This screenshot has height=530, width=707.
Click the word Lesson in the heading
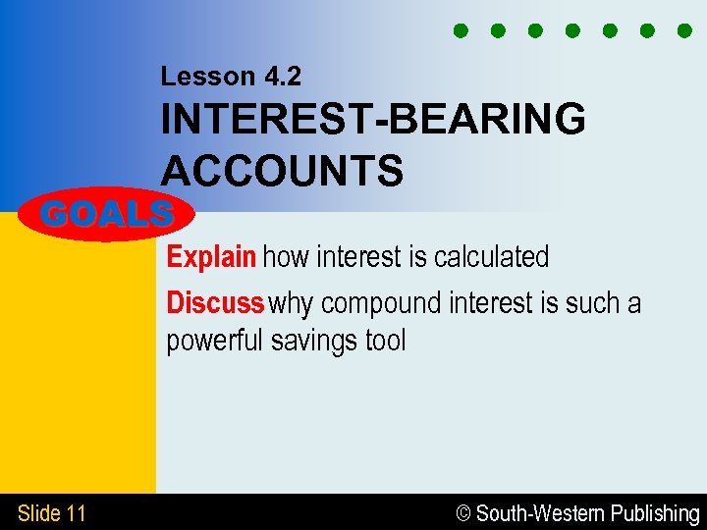(x=199, y=76)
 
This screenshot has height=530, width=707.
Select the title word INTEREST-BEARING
(x=373, y=121)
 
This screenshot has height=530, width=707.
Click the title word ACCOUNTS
(x=282, y=171)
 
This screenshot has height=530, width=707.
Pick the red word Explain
(x=211, y=258)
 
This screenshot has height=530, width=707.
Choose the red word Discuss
(x=215, y=303)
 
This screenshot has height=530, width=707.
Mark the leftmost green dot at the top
(x=460, y=30)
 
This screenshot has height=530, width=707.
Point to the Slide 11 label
(x=52, y=513)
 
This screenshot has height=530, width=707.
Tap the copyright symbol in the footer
(x=465, y=513)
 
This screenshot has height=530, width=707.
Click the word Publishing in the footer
(x=655, y=513)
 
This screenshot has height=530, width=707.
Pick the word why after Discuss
(x=292, y=304)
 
